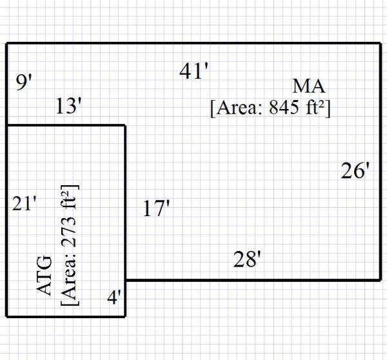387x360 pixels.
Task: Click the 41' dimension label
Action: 195,72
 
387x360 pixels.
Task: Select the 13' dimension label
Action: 68,106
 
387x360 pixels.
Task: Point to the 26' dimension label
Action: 355,171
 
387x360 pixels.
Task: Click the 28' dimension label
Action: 247,260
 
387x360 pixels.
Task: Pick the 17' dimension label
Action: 156,209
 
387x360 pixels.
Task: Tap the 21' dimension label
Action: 25,204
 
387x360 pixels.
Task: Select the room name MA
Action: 309,86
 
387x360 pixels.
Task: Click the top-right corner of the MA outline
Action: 381,43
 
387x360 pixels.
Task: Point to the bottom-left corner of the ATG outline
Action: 7,317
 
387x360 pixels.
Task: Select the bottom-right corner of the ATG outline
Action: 125,317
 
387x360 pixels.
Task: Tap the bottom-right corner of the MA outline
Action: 381,280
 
